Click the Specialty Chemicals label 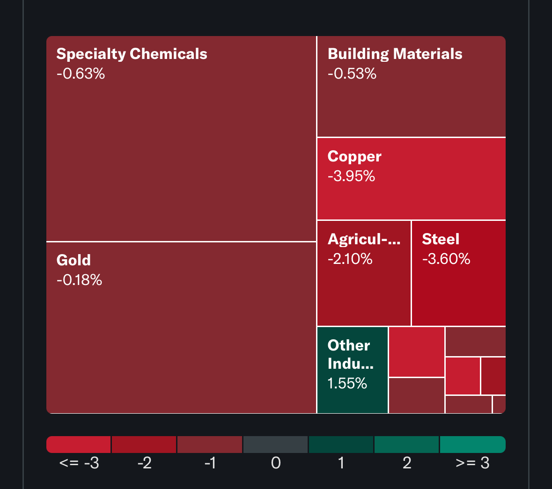(132, 54)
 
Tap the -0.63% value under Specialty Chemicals (81, 74)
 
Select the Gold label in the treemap (74, 260)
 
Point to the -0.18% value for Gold (79, 280)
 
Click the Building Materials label (395, 54)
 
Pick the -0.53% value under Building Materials (352, 74)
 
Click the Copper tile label (354, 156)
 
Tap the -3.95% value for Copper (351, 176)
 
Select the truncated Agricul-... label (364, 239)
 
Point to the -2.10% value (350, 259)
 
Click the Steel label (441, 239)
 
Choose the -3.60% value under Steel (446, 259)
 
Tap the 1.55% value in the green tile (347, 384)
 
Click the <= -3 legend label (79, 463)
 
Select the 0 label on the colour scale (276, 463)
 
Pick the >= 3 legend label (472, 463)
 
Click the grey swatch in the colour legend (275, 445)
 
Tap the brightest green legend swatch (472, 445)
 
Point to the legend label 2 (407, 463)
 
